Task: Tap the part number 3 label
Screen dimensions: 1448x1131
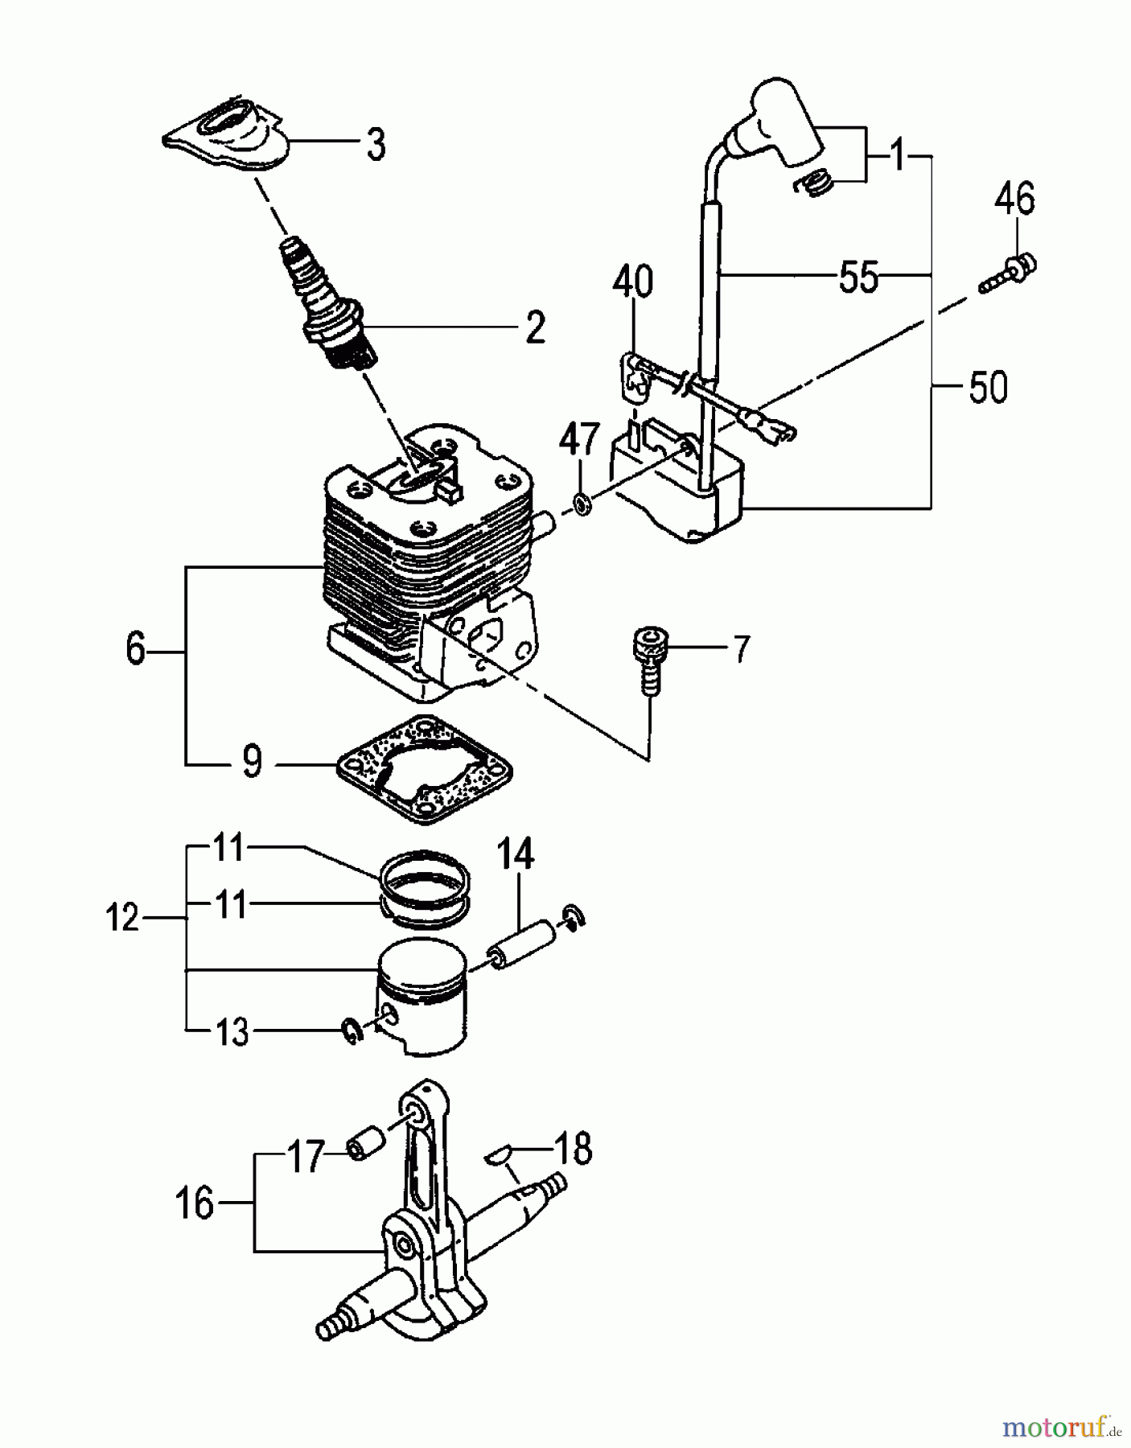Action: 375,146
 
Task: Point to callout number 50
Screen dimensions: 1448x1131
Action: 987,388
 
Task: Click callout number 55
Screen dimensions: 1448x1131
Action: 858,278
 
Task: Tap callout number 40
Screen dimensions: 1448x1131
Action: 632,284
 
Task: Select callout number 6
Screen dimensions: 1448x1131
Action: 135,648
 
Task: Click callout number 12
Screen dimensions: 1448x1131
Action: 123,916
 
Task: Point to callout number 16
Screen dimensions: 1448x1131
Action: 194,1204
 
